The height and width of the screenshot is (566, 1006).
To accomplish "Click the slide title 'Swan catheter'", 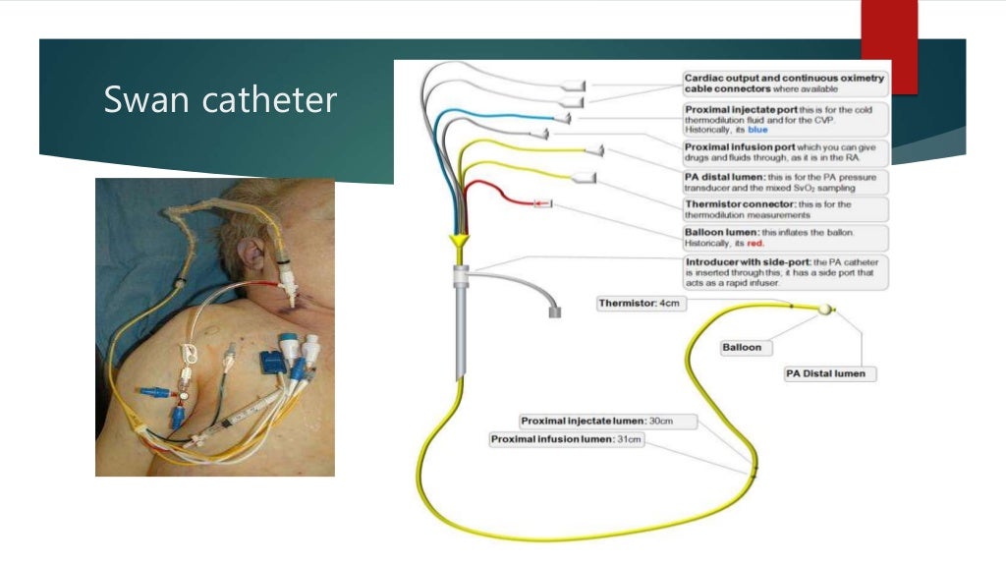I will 220,99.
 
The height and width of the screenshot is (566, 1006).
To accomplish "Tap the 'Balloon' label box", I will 742,347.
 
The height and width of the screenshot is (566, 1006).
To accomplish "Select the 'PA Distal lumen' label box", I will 830,374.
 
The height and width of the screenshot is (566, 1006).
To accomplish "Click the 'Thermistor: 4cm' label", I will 640,304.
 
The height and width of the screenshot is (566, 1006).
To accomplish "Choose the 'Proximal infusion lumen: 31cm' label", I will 567,439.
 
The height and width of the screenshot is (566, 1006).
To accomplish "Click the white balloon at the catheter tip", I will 824,310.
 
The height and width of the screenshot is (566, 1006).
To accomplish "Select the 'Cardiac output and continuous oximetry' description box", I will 785,84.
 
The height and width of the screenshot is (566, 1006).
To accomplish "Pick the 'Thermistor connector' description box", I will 785,209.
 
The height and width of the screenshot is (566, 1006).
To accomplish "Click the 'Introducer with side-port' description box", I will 785,272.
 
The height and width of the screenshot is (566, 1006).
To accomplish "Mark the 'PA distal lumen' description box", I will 785,182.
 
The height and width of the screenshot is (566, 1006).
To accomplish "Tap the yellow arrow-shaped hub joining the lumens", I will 458,242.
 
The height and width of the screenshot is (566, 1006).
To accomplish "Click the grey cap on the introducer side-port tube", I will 554,312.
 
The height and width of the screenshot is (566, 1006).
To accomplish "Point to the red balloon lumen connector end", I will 539,203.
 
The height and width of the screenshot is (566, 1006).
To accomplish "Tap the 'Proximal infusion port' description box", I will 785,152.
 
